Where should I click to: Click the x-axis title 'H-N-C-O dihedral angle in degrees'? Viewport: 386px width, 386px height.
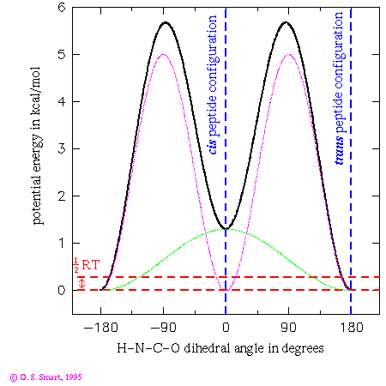pyautogui.click(x=226, y=348)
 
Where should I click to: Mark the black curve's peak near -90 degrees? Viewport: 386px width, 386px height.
pyautogui.click(x=164, y=22)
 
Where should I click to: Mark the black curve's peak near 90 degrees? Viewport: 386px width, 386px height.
pyautogui.click(x=288, y=22)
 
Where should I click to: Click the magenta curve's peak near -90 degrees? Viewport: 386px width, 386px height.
pyautogui.click(x=164, y=54)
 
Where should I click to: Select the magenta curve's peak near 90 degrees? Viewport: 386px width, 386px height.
pyautogui.click(x=288, y=54)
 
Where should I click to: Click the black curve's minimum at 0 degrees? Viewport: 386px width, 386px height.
pyautogui.click(x=226, y=229)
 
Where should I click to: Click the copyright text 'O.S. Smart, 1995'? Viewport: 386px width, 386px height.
pyautogui.click(x=46, y=376)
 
